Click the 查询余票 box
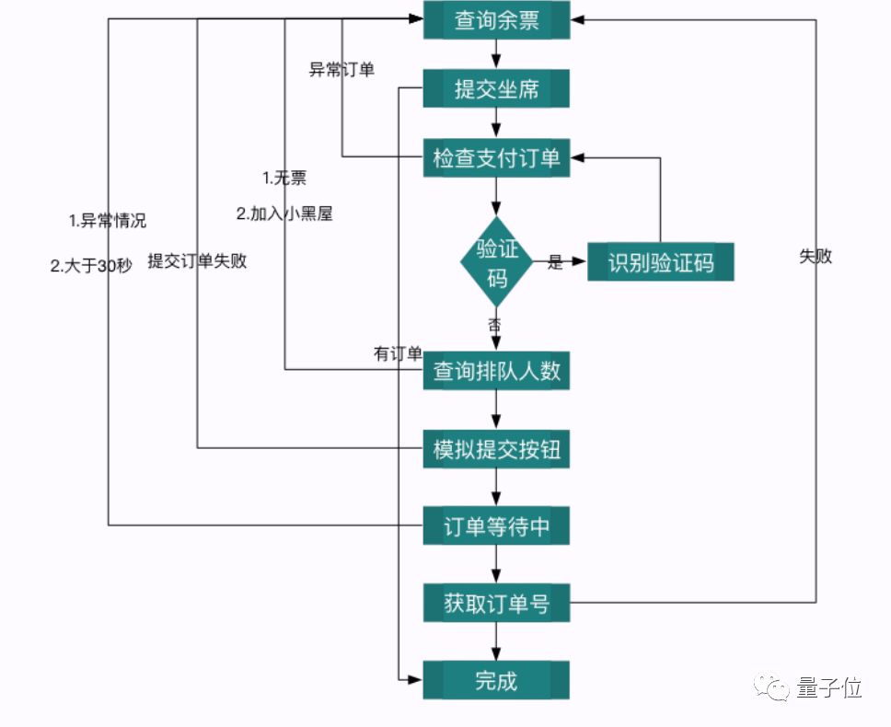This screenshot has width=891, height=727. [x=496, y=20]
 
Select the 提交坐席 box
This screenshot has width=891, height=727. [x=496, y=89]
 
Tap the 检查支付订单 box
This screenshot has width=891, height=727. [x=496, y=157]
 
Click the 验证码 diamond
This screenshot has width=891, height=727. [x=496, y=262]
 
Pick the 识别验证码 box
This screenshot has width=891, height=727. [x=660, y=263]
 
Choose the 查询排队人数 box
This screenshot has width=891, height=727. [x=496, y=372]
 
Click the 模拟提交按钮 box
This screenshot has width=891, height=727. [x=496, y=450]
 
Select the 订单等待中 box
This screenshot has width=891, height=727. [x=496, y=527]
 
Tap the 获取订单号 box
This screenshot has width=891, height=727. [x=496, y=604]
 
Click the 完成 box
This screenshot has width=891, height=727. [x=496, y=681]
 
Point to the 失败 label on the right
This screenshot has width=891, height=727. [x=816, y=257]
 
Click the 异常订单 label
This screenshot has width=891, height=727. [x=341, y=70]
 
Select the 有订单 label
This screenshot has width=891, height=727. [x=398, y=353]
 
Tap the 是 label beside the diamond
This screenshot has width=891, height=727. [x=555, y=262]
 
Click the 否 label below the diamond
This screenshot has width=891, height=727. [x=495, y=324]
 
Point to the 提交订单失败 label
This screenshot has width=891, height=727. [x=197, y=260]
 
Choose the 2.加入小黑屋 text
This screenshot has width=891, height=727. [x=284, y=213]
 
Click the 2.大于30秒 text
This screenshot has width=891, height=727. [x=91, y=266]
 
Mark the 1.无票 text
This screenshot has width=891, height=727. [x=284, y=179]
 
